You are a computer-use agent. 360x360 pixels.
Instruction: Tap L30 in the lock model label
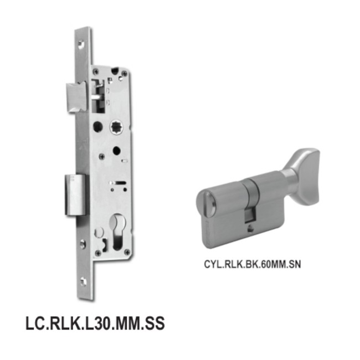(x=96, y=323)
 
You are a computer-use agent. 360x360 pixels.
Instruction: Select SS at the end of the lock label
(x=154, y=323)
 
